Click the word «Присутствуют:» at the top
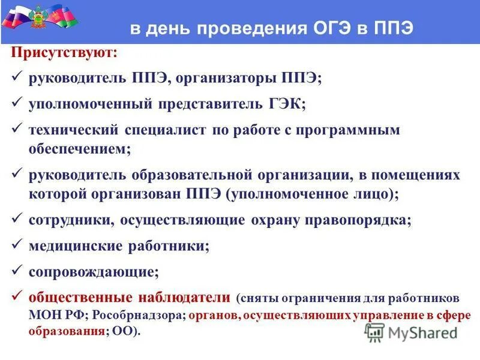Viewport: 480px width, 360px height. click(64, 53)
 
